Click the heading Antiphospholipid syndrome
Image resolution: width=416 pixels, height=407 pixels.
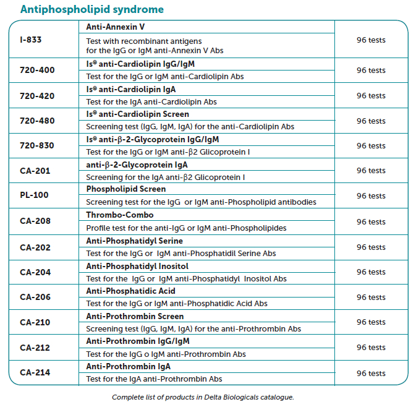92,9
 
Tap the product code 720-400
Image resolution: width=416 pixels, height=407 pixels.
37,71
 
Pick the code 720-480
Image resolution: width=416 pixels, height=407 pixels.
37,121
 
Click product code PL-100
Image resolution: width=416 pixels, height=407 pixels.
34,195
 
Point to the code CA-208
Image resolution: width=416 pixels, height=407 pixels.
35,221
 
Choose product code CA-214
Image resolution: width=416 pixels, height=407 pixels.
35,372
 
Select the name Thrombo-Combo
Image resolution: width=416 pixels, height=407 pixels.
120,215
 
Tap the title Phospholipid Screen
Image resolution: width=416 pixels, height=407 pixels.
126,189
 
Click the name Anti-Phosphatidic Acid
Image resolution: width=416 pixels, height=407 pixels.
130,291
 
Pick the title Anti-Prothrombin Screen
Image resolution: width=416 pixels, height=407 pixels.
135,316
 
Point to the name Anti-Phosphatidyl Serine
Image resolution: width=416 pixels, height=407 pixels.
134,241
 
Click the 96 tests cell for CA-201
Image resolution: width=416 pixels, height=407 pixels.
371,171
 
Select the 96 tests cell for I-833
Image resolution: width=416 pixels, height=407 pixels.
371,40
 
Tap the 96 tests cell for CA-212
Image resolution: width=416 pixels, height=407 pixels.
371,348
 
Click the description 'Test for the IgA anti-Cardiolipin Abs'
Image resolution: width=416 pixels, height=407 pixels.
151,101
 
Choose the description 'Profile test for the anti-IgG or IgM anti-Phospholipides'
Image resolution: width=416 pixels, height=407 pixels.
186,228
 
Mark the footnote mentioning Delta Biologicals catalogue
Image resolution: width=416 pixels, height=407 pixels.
203,396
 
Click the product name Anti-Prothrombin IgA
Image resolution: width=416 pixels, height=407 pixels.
129,366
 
